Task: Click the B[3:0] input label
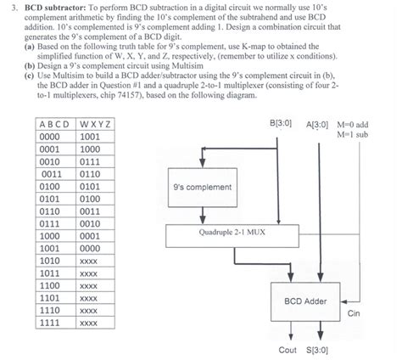pyautogui.click(x=281, y=124)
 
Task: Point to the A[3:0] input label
pyautogui.click(x=319, y=124)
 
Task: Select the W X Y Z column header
pyautogui.click(x=97, y=124)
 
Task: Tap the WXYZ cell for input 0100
pyautogui.click(x=91, y=185)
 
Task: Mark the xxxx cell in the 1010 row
pyautogui.click(x=89, y=262)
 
